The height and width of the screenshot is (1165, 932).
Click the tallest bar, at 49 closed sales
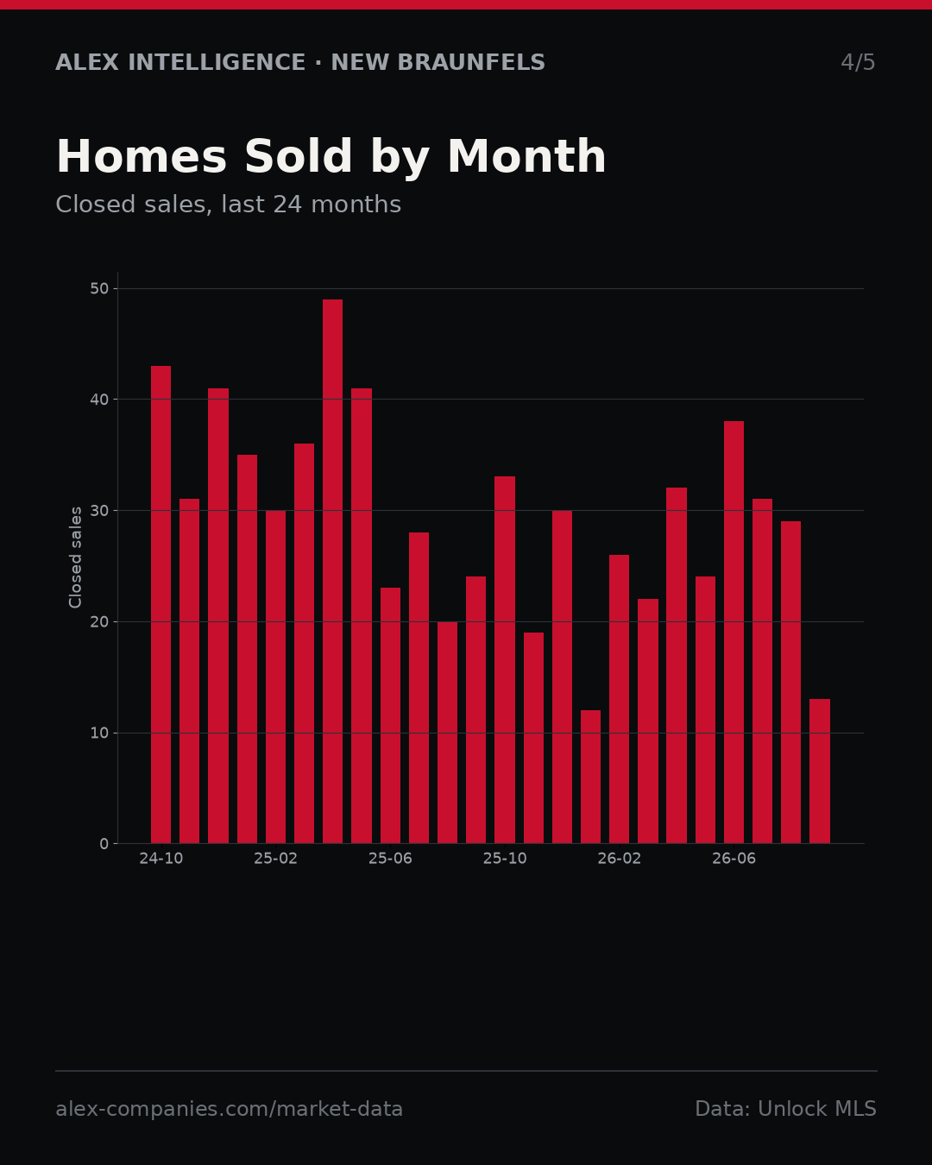pos(332,571)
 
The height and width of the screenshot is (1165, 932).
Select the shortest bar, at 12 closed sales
pos(590,777)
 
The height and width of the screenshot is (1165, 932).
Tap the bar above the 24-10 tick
pos(161,605)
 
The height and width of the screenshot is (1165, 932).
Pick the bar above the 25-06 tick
pos(390,715)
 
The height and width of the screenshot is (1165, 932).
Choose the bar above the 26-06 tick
pos(734,633)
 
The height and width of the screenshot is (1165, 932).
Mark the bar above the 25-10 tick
pos(505,660)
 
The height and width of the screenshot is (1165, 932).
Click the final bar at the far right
pos(819,771)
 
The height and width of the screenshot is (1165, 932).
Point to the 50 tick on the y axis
pos(99,288)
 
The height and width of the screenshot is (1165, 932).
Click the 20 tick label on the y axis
pos(99,622)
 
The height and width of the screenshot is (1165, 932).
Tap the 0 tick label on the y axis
pos(104,844)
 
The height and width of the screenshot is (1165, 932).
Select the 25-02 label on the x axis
pos(275,859)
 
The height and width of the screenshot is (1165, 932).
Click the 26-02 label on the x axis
pos(619,859)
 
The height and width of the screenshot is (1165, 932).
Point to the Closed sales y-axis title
pos(75,557)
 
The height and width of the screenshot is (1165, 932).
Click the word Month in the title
pos(526,157)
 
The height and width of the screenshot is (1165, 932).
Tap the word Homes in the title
pos(142,157)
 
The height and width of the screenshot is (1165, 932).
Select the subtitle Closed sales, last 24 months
pos(228,205)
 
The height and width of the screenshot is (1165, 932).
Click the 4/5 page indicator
pos(858,62)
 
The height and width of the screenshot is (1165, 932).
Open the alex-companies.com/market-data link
pos(229,1109)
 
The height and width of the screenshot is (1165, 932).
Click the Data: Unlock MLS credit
pos(786,1109)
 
